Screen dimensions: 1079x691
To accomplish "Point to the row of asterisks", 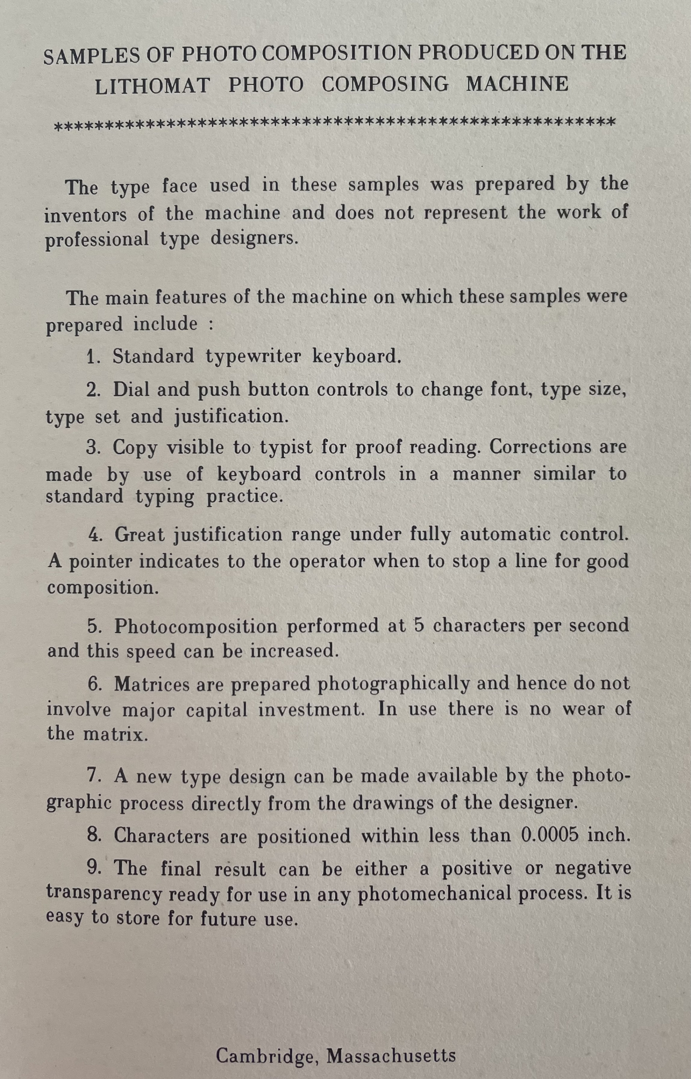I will click(x=334, y=123).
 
